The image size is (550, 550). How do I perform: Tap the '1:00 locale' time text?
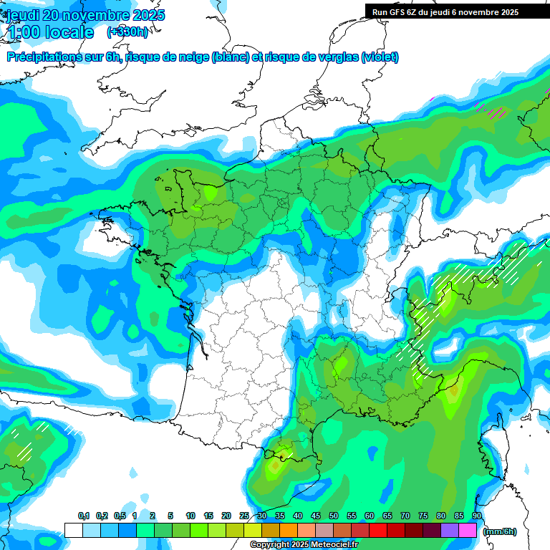pos(50,32)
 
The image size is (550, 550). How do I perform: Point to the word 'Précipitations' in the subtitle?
pos(42,57)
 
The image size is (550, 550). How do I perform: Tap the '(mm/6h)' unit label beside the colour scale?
pos(500,531)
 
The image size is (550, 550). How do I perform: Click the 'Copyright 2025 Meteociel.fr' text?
pos(304,545)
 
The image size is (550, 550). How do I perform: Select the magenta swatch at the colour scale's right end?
pos(468,531)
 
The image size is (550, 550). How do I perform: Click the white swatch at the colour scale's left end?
pos(73,531)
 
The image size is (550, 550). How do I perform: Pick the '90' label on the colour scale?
pos(477,516)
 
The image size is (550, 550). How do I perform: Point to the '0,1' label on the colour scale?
pos(83,516)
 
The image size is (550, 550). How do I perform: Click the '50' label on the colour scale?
pos(334,516)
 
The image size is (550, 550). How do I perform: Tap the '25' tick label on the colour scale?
pos(244,516)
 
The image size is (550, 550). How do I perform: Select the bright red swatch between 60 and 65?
pos(378,531)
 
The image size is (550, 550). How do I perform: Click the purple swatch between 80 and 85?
pos(450,531)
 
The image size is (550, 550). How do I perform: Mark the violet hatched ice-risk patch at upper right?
pos(494,110)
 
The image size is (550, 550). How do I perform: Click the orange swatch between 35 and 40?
pos(289,531)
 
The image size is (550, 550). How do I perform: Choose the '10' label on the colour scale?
pos(190,516)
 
